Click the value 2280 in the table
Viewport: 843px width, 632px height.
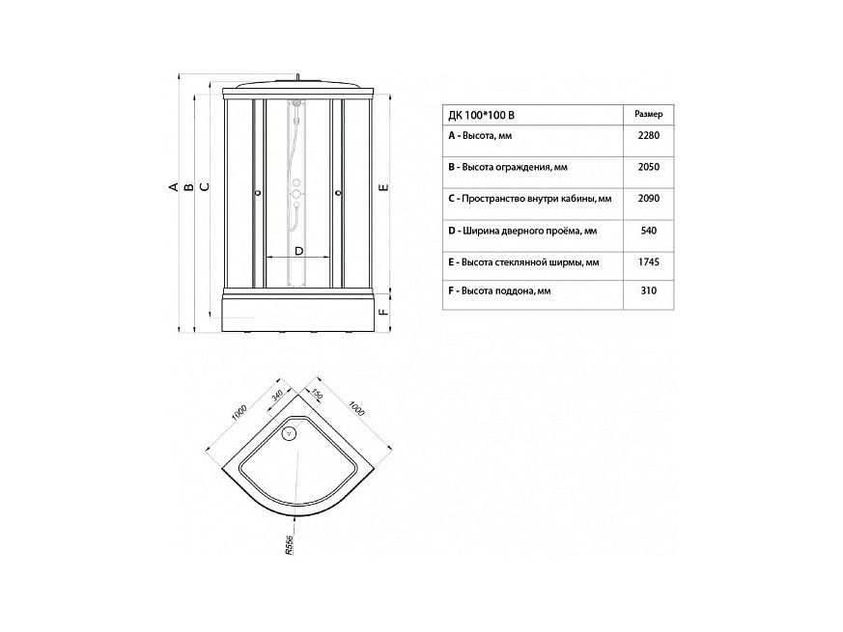(648, 135)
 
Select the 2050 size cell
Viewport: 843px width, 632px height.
(648, 167)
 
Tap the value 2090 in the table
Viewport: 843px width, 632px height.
(648, 199)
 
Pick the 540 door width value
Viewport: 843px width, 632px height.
(649, 231)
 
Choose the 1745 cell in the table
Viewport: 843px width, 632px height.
(648, 262)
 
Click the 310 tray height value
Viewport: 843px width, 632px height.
(649, 290)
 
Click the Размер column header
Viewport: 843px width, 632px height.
(648, 114)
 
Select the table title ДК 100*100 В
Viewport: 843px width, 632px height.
(481, 115)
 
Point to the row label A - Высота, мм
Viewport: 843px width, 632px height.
(480, 136)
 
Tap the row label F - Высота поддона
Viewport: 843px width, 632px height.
(499, 291)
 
